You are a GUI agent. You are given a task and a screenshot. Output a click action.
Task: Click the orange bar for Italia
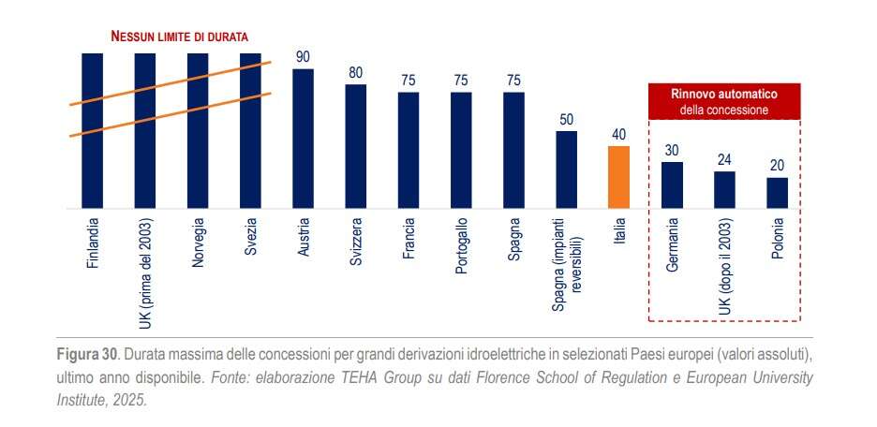[x=619, y=177]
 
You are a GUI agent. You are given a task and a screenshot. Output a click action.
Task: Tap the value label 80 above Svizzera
[x=355, y=73]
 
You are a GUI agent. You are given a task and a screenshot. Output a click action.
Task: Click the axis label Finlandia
[x=92, y=245]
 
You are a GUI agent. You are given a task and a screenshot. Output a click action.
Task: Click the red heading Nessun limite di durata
[x=179, y=37]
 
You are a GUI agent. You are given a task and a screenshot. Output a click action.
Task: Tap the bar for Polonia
[x=777, y=193]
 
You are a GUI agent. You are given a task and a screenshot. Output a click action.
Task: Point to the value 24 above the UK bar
[x=724, y=160]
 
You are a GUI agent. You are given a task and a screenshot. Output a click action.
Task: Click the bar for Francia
[x=408, y=150]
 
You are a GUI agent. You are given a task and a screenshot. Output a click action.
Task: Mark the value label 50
[x=566, y=120]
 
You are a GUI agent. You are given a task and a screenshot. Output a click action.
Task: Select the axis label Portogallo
[x=461, y=247]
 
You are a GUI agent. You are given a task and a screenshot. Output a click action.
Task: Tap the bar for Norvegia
[x=198, y=130]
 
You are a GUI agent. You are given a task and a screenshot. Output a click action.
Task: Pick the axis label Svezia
[x=250, y=243]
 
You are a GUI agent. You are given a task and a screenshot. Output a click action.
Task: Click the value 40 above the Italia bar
[x=619, y=135]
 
